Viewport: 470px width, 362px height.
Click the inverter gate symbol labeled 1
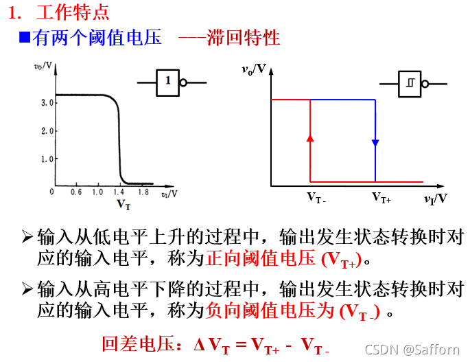click(168, 82)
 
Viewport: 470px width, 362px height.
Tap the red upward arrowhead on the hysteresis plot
click(309, 137)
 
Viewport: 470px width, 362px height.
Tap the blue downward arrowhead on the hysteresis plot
click(375, 143)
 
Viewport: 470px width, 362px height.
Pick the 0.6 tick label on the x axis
click(75, 192)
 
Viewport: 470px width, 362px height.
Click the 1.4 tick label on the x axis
click(119, 192)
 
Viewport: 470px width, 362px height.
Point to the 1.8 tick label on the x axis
click(143, 192)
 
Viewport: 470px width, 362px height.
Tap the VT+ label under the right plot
click(381, 198)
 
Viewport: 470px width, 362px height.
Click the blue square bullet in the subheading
click(23, 37)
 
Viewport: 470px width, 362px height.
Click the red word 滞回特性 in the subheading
click(244, 37)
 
